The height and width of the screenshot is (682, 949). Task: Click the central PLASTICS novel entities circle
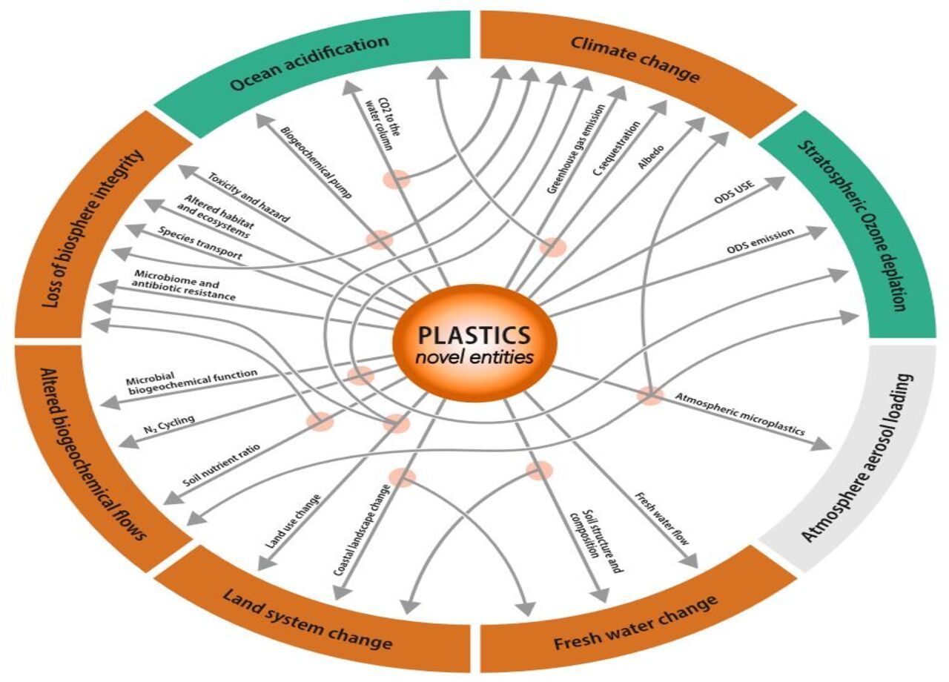pyautogui.click(x=474, y=343)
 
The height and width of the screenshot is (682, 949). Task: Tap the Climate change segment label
pyautogui.click(x=635, y=59)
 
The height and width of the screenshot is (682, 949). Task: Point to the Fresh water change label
pyautogui.click(x=635, y=623)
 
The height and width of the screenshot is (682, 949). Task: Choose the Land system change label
pyautogui.click(x=307, y=615)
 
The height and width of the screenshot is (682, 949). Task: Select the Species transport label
pyautogui.click(x=200, y=241)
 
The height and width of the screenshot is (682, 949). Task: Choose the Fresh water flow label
pyautogui.click(x=661, y=519)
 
